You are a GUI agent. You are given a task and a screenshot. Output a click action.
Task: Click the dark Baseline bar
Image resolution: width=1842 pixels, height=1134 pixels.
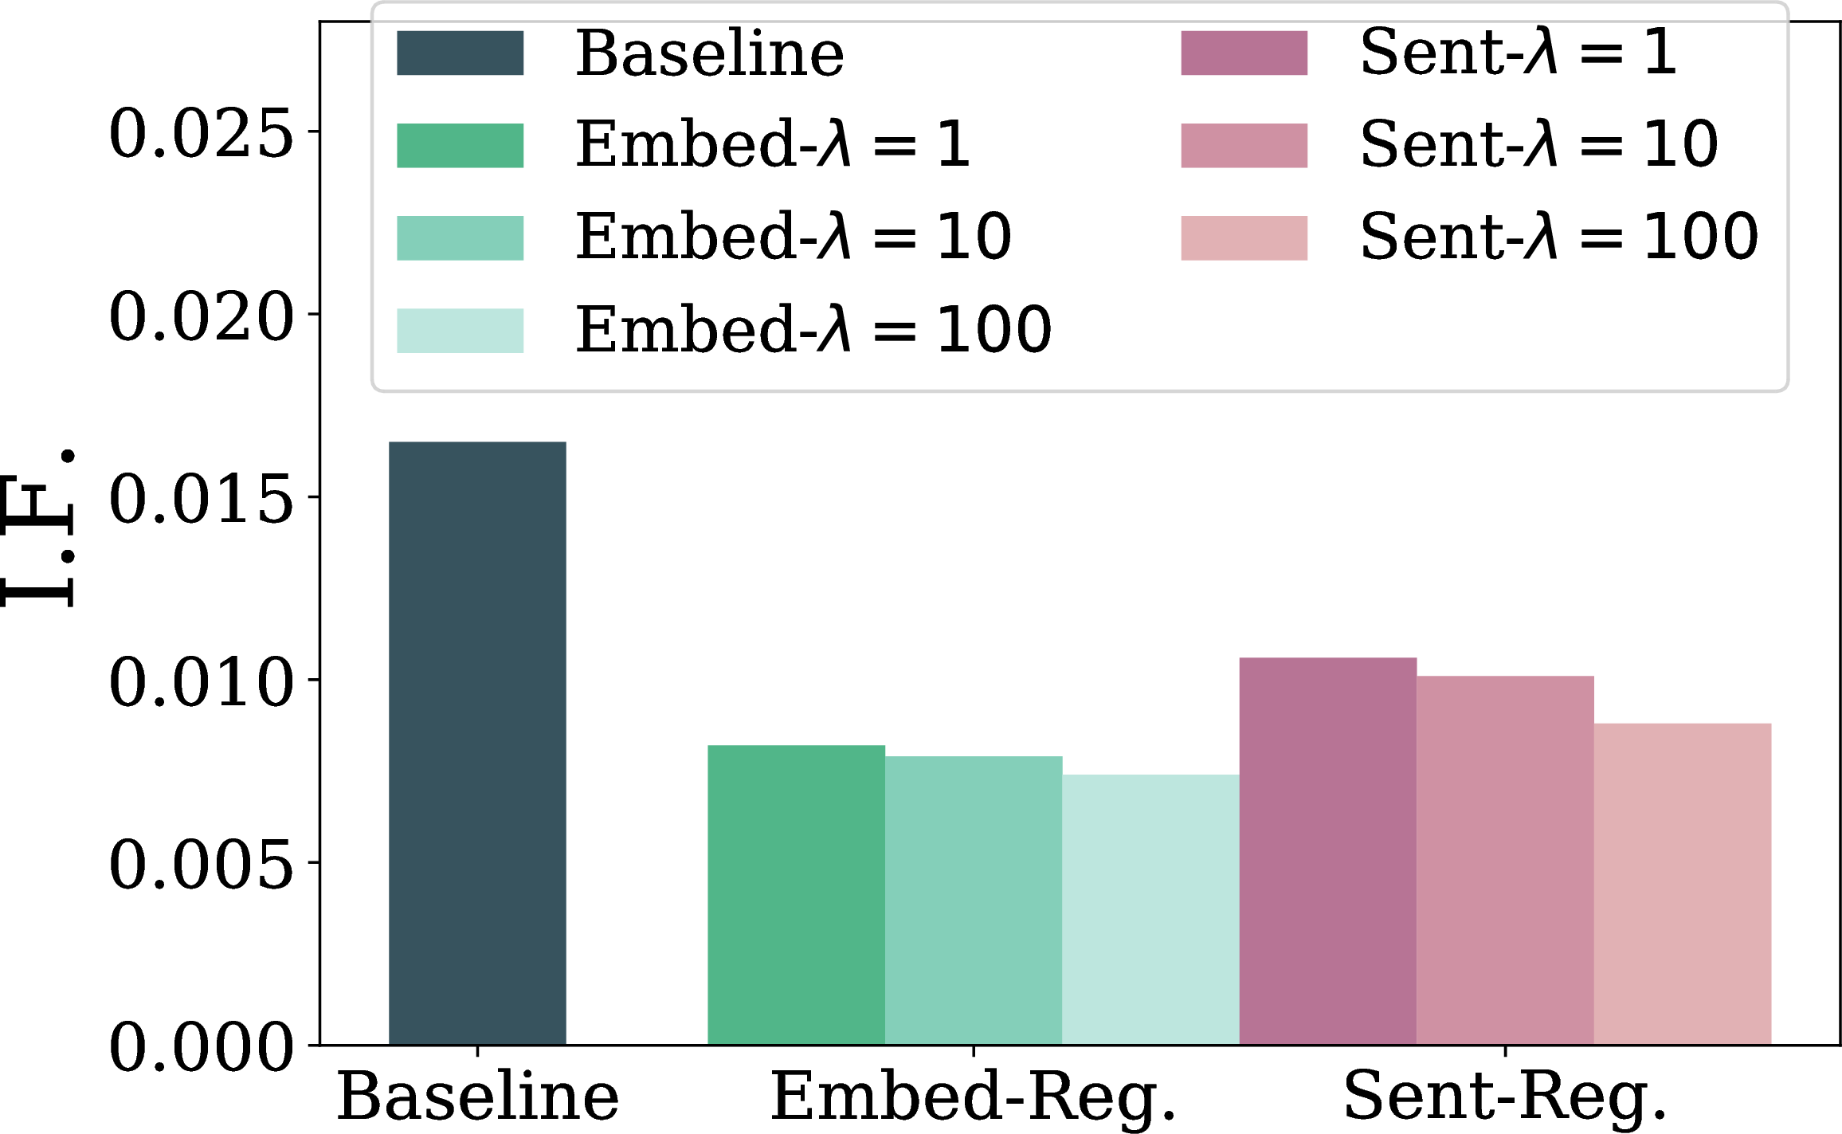[x=477, y=743]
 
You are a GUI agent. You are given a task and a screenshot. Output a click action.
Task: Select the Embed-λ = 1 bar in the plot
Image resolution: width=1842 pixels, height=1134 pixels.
[x=796, y=895]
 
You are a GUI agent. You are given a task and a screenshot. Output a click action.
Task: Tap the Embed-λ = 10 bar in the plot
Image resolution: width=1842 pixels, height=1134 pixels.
[x=974, y=901]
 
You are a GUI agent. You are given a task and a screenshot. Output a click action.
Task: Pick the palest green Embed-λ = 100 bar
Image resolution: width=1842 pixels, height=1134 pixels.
[x=1151, y=909]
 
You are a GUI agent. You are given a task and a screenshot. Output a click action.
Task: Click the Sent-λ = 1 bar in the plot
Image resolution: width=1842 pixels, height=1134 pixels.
[x=1328, y=851]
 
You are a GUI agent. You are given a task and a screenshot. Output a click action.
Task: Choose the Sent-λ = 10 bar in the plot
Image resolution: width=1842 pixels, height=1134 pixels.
[x=1506, y=860]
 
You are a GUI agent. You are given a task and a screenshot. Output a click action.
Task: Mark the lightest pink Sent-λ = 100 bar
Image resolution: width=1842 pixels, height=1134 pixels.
[x=1683, y=884]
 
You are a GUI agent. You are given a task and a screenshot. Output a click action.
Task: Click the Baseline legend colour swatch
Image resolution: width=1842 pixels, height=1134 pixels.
[x=461, y=53]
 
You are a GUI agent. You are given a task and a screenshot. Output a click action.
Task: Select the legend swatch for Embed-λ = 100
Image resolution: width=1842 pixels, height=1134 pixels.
[x=461, y=331]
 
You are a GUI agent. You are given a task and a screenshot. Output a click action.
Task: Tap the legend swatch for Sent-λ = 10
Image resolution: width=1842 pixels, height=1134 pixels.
[x=1244, y=146]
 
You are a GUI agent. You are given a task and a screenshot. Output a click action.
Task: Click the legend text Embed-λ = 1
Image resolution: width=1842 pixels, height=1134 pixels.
[x=773, y=144]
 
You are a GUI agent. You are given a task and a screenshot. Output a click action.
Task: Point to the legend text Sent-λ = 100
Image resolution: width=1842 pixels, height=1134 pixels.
[x=1559, y=237]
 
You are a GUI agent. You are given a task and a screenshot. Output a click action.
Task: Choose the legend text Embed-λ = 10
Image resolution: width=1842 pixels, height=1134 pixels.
[x=794, y=237]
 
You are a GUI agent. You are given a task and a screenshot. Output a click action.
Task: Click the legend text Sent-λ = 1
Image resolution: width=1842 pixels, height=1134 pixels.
[x=1519, y=52]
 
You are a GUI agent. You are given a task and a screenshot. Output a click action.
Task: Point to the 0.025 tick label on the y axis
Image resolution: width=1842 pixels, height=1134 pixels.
[x=202, y=133]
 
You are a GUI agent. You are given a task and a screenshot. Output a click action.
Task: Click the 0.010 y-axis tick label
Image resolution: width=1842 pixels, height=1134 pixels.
[x=202, y=681]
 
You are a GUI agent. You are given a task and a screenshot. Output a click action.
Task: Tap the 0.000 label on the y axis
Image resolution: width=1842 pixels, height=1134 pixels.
[x=202, y=1046]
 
